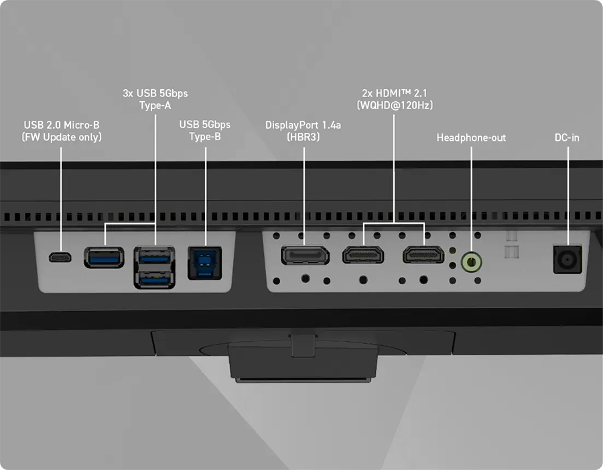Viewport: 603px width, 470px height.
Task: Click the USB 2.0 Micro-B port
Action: [x=61, y=257]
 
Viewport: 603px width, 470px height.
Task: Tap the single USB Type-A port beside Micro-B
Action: [x=104, y=257]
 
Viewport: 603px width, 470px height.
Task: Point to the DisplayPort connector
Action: [x=304, y=255]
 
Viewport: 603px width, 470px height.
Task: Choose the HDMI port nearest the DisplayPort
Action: [x=363, y=255]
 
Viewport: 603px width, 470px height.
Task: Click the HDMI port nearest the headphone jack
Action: [x=423, y=255]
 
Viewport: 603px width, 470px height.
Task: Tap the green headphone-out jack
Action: [x=471, y=261]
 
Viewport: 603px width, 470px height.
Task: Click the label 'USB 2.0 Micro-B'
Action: [x=62, y=125]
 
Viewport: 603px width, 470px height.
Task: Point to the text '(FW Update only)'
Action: [x=62, y=137]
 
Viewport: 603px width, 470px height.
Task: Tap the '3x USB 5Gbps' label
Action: [x=155, y=93]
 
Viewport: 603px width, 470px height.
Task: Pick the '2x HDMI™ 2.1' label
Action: [x=393, y=93]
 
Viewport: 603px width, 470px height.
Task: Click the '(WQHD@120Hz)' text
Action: [x=393, y=105]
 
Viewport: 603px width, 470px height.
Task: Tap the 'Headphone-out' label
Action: [x=471, y=137]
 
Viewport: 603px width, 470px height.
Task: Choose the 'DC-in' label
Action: [x=567, y=137]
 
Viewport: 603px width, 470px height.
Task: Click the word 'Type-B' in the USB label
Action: [x=205, y=137]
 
